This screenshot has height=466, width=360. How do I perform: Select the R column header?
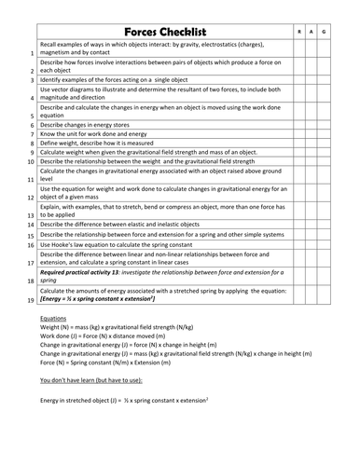click(x=298, y=33)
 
